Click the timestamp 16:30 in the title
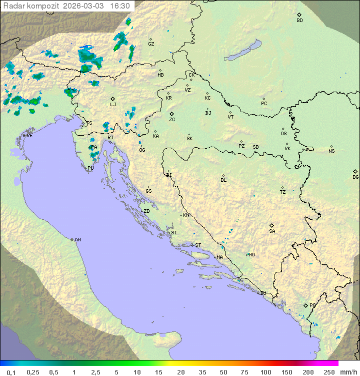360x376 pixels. (x=120, y=6)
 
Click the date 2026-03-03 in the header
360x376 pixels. (x=84, y=6)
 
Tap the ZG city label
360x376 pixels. (x=172, y=120)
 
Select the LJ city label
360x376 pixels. (x=113, y=104)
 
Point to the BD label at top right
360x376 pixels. (x=299, y=21)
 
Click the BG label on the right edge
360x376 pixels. (x=355, y=177)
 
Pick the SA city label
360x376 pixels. (x=272, y=231)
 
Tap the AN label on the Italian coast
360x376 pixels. (x=77, y=240)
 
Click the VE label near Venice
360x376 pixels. (x=29, y=136)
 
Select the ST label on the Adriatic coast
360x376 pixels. (x=198, y=245)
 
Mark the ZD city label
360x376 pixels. (x=146, y=211)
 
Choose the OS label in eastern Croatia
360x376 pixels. (x=283, y=134)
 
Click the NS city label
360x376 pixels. (x=331, y=151)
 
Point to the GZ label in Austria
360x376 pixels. (x=151, y=44)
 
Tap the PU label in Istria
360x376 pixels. (x=90, y=168)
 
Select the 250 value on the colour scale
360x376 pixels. (x=328, y=372)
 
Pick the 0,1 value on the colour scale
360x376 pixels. (x=11, y=372)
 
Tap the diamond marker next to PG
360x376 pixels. (x=305, y=305)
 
